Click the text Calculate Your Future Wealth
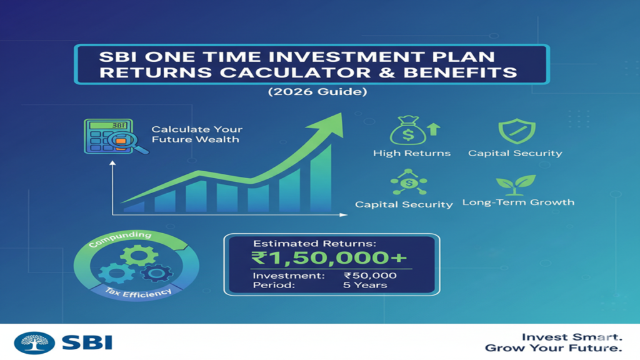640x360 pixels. pyautogui.click(x=196, y=134)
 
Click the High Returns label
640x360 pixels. pyautogui.click(x=411, y=153)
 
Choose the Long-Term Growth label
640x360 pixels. pyautogui.click(x=518, y=202)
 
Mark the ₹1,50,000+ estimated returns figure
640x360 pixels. pyautogui.click(x=329, y=257)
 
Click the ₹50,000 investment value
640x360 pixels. pyautogui.click(x=370, y=276)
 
